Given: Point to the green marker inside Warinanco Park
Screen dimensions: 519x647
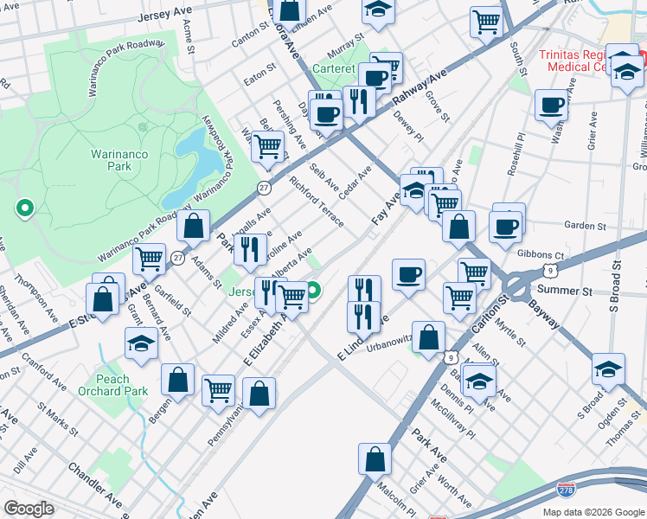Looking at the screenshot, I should point(25,208).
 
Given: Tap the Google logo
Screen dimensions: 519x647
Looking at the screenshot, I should point(29,509).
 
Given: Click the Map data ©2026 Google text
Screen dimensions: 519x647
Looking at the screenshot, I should point(593,512).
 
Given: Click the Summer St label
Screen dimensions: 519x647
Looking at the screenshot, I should point(565,291).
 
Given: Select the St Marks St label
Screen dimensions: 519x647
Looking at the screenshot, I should point(58,428).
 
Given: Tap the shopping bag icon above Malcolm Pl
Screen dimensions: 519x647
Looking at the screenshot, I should point(375,458).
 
